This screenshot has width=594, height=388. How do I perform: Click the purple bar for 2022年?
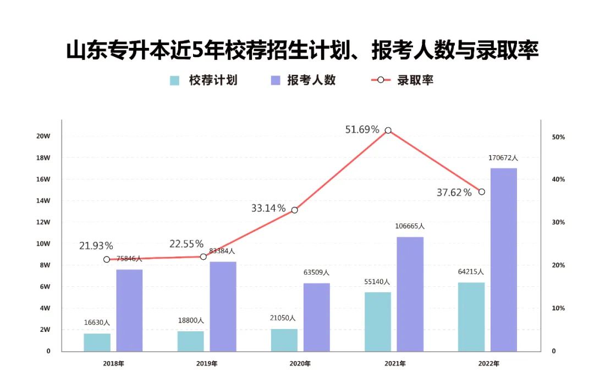tap(504, 259)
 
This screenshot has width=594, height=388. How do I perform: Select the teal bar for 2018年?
tap(97, 342)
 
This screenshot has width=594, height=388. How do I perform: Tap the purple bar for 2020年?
tap(317, 317)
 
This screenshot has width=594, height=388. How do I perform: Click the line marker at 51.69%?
tap(388, 130)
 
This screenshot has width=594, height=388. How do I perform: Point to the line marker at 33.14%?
tap(295, 210)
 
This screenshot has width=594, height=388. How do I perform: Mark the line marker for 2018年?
tap(107, 259)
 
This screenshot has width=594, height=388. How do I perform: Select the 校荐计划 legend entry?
tap(204, 80)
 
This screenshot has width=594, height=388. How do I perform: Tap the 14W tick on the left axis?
tap(43, 201)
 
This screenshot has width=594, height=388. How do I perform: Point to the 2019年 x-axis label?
tap(207, 364)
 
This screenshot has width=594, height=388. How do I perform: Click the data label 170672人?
tap(503, 158)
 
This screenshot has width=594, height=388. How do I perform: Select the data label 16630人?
tap(97, 323)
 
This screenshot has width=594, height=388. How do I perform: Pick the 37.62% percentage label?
tap(454, 193)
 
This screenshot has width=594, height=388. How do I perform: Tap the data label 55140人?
tap(377, 282)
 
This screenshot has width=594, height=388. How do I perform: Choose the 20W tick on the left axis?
tap(43, 136)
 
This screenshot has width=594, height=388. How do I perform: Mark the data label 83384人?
tap(223, 251)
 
